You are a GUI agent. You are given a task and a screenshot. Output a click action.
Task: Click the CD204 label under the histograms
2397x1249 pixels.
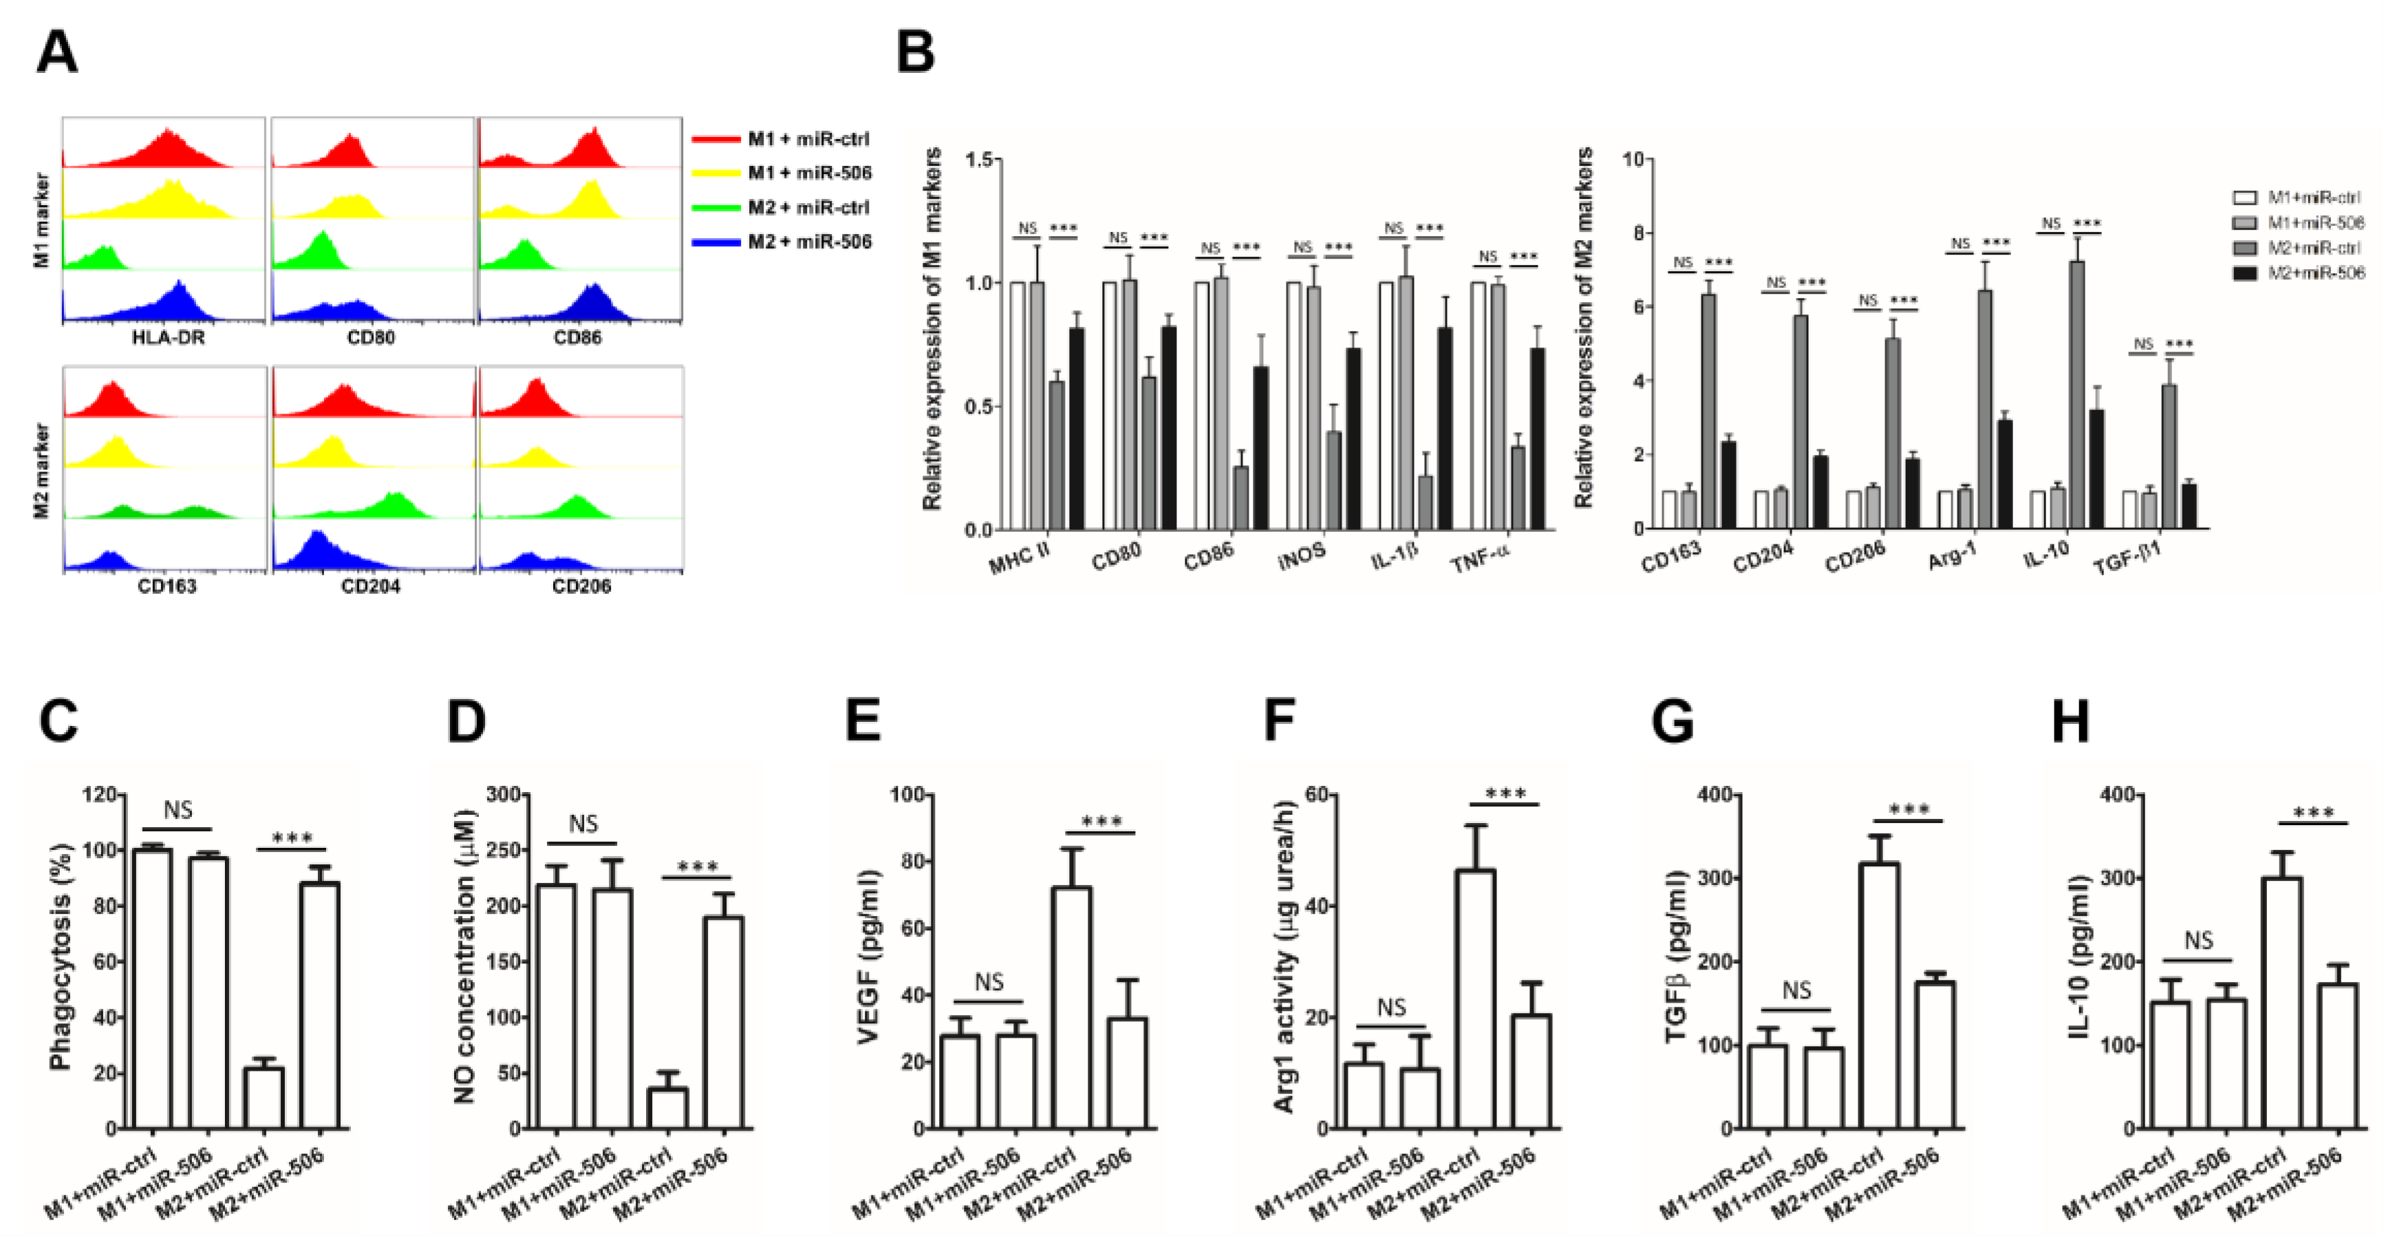click(370, 586)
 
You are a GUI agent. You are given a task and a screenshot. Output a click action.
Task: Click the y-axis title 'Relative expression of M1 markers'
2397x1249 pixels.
click(932, 328)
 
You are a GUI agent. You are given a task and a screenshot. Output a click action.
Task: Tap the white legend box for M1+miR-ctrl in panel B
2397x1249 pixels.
click(2244, 198)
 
